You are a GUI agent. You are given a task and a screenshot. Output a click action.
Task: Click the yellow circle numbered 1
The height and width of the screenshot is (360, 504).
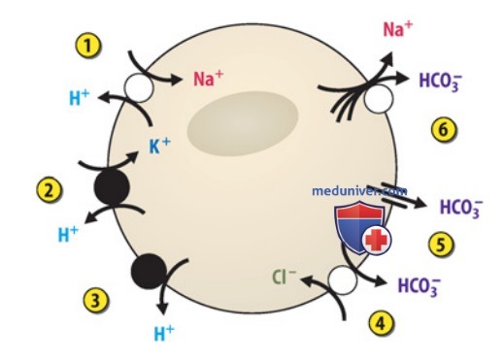coord(88,47)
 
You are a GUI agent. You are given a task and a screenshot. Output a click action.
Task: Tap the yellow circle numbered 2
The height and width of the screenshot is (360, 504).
coord(49,190)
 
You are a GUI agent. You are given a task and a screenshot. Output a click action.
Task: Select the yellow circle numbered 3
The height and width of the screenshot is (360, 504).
coord(95,301)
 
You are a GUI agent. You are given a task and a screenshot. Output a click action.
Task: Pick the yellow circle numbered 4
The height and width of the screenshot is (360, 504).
coord(382,322)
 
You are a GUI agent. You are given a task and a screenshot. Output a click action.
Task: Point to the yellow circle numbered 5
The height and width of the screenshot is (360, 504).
coord(441,244)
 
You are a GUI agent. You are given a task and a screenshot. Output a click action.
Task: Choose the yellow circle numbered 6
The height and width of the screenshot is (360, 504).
coord(444,129)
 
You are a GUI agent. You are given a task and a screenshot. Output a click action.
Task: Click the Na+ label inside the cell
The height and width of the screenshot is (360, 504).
coord(208,79)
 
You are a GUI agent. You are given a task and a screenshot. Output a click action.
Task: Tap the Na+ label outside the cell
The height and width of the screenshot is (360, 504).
coord(398,29)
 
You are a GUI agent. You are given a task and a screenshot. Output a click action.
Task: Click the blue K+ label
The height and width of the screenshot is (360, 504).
coord(160,146)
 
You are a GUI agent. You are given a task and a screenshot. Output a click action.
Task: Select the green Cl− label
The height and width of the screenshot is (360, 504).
coord(284,278)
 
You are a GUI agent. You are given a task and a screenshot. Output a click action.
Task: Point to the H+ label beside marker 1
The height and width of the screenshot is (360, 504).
coord(80,98)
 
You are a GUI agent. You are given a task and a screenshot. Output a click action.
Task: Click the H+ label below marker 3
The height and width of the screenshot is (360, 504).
coord(164,334)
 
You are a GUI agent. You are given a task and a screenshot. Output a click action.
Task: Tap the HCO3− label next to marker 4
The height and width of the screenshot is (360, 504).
coord(419,286)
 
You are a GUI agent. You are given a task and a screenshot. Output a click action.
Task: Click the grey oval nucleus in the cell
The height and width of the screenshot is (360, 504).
coord(243,124)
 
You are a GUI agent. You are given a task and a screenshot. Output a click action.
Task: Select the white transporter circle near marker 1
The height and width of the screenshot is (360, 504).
coord(139,87)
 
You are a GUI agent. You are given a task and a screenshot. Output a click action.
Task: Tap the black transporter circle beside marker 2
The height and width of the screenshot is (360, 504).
coord(112,187)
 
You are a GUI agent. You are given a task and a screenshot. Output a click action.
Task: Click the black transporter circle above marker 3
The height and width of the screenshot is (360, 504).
coord(149,272)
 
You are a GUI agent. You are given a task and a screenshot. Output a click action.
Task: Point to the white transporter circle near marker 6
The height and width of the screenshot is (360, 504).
coord(379,99)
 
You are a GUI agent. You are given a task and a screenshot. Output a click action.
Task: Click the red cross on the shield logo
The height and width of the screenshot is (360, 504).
coord(376,241)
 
